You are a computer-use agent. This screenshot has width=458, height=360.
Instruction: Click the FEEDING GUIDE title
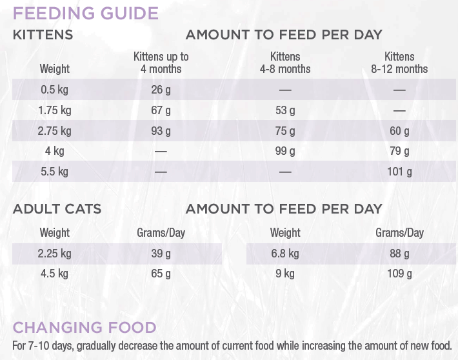click(x=86, y=13)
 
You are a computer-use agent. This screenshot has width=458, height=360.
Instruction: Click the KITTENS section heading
click(x=43, y=35)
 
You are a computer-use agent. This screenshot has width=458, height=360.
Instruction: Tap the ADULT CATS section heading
click(x=57, y=209)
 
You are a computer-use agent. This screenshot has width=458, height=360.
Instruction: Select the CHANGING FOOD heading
click(x=85, y=327)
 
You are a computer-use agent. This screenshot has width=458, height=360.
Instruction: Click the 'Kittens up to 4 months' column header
click(x=161, y=63)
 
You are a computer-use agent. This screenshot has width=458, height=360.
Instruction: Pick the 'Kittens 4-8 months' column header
click(x=285, y=63)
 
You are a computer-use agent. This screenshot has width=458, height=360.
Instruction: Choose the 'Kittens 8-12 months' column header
click(x=399, y=63)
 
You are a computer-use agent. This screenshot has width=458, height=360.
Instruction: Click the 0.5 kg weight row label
click(x=55, y=90)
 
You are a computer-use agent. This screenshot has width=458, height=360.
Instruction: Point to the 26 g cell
click(x=161, y=90)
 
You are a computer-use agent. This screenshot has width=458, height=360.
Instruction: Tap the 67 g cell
click(x=161, y=110)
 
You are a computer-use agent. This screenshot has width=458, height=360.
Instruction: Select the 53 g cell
click(x=285, y=110)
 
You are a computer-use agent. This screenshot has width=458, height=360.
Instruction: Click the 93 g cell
click(x=161, y=131)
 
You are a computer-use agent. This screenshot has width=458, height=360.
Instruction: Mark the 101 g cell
click(x=399, y=172)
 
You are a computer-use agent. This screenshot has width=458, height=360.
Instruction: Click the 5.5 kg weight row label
click(x=55, y=172)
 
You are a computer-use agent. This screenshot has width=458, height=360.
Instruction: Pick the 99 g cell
click(x=285, y=152)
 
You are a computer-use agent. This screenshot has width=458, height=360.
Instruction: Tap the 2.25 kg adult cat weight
click(x=55, y=254)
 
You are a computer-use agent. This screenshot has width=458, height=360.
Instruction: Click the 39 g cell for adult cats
click(x=161, y=254)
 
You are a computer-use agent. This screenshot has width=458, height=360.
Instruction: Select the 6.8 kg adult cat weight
click(x=285, y=254)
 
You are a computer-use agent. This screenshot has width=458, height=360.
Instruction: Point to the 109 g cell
click(x=399, y=274)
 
